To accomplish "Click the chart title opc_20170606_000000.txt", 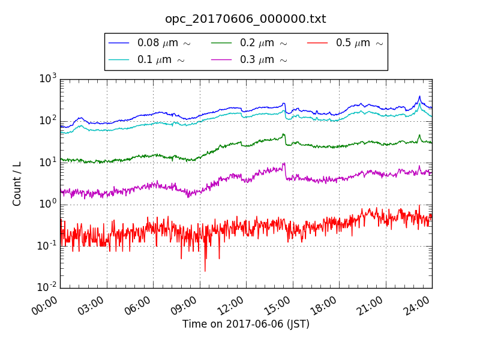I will click(245, 19).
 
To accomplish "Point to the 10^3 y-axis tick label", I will click(48, 78).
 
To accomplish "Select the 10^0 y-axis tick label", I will click(48, 203).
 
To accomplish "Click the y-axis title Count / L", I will click(17, 184).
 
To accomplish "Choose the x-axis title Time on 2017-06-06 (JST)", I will click(246, 325).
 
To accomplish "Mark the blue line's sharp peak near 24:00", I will click(419, 96).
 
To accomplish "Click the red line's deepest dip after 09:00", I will click(205, 271).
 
